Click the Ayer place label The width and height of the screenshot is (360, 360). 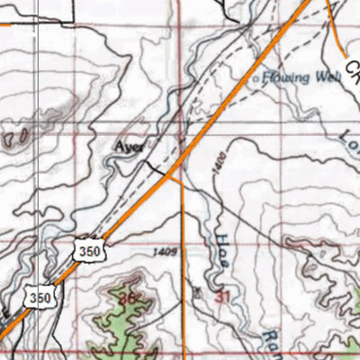click(129, 144)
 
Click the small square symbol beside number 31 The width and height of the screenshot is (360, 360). click(199, 292)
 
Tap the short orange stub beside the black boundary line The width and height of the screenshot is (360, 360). click(7, 24)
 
